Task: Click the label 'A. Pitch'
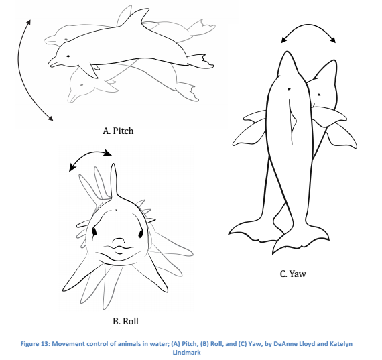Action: [118, 131]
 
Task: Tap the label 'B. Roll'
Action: [125, 321]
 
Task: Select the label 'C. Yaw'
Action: [293, 274]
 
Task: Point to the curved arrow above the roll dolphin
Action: [90, 153]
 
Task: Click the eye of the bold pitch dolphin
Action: [68, 56]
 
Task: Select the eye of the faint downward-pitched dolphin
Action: [82, 85]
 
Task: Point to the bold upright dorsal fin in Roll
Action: [113, 182]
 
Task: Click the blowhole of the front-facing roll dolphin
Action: [116, 210]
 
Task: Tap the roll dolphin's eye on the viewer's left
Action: [94, 232]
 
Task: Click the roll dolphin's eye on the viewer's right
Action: [141, 234]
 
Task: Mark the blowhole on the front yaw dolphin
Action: [289, 89]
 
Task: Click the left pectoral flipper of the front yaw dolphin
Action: [249, 131]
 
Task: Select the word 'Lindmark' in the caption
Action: [186, 352]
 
